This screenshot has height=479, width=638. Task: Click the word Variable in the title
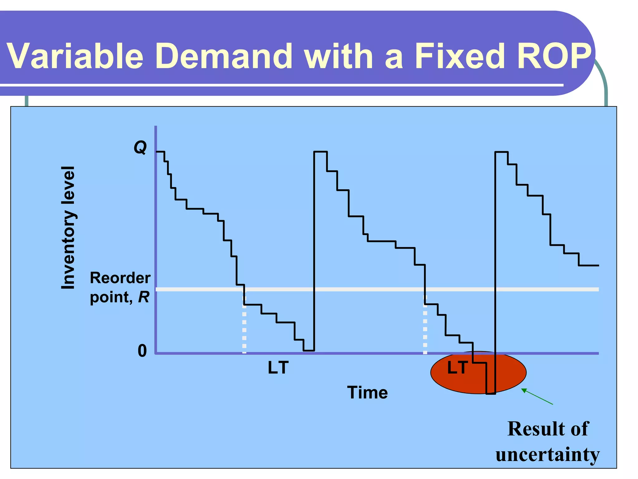pyautogui.click(x=75, y=56)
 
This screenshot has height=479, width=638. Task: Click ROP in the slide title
pyautogui.click(x=554, y=56)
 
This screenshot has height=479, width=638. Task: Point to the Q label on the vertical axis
pyautogui.click(x=140, y=147)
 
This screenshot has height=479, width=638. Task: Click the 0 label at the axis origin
pyautogui.click(x=142, y=351)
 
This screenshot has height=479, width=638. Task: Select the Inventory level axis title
pyautogui.click(x=68, y=228)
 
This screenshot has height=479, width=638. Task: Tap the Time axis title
pyautogui.click(x=368, y=392)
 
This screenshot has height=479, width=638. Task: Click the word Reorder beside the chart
pyautogui.click(x=120, y=278)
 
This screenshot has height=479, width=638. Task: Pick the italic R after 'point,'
pyautogui.click(x=144, y=297)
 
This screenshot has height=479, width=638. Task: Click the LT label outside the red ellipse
pyautogui.click(x=278, y=368)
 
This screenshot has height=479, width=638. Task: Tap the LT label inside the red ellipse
pyautogui.click(x=457, y=368)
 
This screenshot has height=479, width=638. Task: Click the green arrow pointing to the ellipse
pyautogui.click(x=537, y=396)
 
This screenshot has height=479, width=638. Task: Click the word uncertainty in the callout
pyautogui.click(x=547, y=454)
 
